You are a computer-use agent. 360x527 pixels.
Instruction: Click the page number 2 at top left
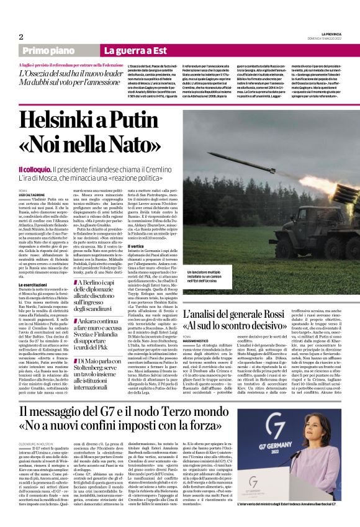coord(21,37)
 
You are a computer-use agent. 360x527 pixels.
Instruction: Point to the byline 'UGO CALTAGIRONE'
coord(32,195)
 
